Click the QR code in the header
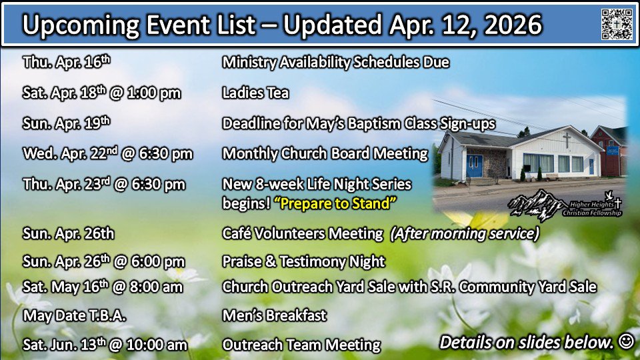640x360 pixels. click(617, 24)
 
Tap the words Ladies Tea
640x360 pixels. click(255, 93)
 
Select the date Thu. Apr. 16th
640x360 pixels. click(67, 61)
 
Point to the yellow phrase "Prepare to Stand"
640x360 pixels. click(335, 203)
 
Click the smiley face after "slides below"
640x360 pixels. click(626, 341)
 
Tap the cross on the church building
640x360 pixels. click(567, 140)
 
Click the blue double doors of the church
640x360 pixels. click(474, 166)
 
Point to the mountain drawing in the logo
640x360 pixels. click(535, 204)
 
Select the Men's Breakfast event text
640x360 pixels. click(274, 315)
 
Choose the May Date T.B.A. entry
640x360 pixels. click(74, 315)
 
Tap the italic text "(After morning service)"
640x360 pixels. click(465, 233)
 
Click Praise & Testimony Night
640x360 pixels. click(304, 261)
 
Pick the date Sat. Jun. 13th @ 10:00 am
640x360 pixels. click(105, 345)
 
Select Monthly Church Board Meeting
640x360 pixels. click(325, 153)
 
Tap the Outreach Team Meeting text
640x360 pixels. click(301, 345)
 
